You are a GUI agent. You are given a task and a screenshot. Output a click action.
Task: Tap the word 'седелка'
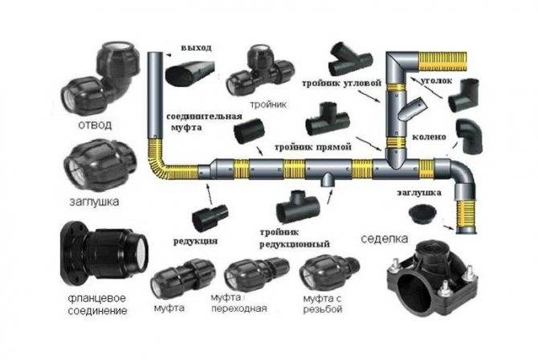385,239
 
